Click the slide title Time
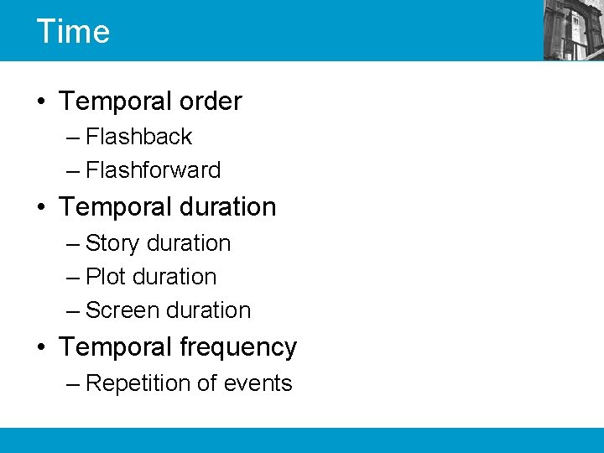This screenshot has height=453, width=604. (73, 31)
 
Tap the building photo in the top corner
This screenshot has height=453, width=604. (573, 30)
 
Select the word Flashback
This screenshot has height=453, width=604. (139, 136)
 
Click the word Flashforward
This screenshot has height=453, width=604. (154, 169)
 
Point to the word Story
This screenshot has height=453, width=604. (112, 243)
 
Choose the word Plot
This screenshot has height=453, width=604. (107, 277)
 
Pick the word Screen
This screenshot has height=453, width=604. (121, 310)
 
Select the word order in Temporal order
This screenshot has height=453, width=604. (210, 102)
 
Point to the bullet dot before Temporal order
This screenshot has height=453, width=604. (41, 102)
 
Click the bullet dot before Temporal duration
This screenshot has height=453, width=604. (41, 207)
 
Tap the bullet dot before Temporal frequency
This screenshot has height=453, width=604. (41, 347)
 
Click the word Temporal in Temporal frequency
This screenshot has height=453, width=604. (116, 347)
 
